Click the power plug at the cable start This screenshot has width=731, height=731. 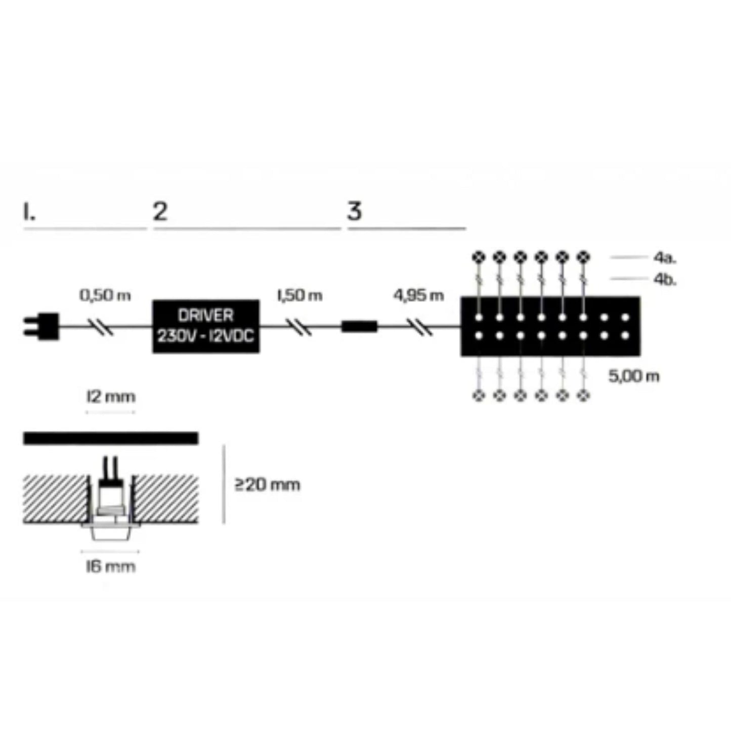click(42, 326)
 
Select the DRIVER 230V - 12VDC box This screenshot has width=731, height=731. click(206, 326)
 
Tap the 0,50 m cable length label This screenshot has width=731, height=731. click(105, 295)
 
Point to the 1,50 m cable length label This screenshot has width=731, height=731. click(299, 295)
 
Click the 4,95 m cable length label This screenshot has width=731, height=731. click(418, 295)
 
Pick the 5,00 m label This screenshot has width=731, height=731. click(633, 376)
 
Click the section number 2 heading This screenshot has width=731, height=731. click(160, 211)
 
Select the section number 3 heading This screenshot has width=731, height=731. click(355, 211)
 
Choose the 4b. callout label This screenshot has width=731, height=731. click(664, 279)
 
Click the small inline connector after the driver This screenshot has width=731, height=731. click(359, 326)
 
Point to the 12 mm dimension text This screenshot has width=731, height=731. click(111, 397)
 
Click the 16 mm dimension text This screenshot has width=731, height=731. click(110, 566)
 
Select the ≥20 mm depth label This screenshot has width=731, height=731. click(267, 485)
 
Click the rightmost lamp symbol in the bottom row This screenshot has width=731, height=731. click(584, 395)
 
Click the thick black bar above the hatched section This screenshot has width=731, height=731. click(110, 438)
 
